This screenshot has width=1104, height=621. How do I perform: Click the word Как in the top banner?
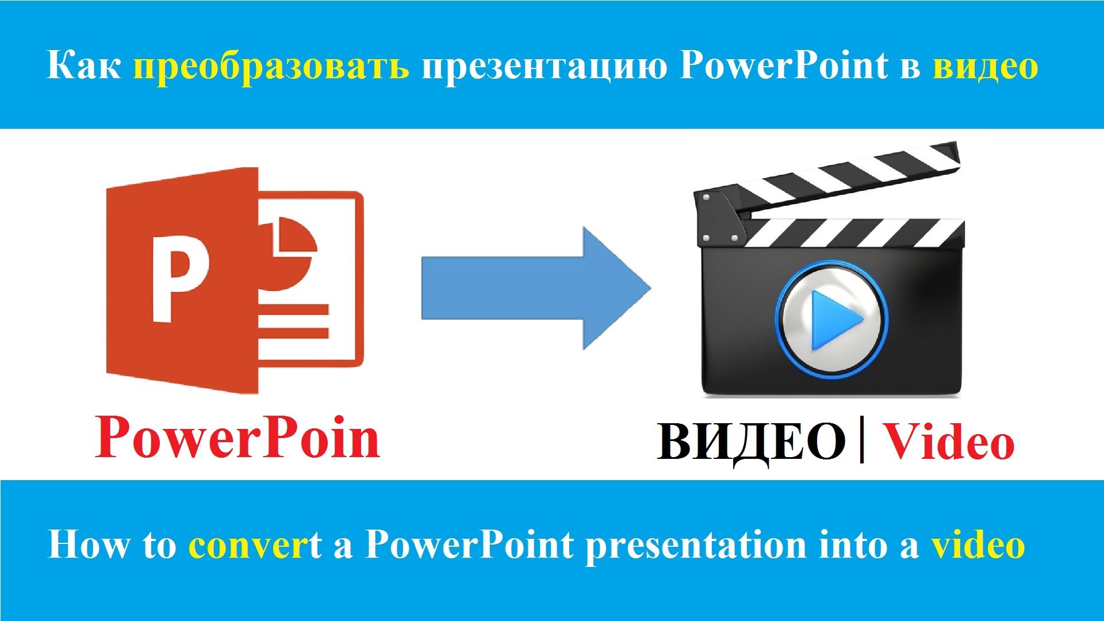click(x=83, y=66)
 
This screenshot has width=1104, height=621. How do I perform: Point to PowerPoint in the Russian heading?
click(x=783, y=66)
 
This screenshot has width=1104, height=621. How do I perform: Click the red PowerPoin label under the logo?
click(x=237, y=438)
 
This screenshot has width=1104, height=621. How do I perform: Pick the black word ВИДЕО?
click(x=750, y=442)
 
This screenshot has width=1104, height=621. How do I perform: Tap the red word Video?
click(x=948, y=442)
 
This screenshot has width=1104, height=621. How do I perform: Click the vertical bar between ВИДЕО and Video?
click(x=861, y=441)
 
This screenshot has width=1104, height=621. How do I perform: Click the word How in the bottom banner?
click(x=87, y=544)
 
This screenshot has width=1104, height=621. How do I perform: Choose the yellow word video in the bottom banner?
click(x=978, y=545)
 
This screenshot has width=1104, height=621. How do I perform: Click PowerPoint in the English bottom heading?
click(x=469, y=544)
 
